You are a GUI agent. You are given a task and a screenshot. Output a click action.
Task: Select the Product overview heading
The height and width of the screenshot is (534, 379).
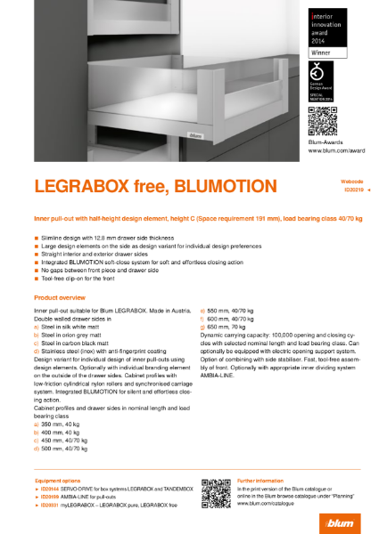click(59, 296)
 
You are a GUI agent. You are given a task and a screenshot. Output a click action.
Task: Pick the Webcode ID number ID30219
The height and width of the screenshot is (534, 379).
click(352, 190)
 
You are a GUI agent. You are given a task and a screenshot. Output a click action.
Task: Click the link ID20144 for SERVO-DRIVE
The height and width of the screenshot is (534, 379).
click(47, 489)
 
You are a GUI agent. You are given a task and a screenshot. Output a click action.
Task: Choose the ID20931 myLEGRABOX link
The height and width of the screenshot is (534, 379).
click(47, 504)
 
